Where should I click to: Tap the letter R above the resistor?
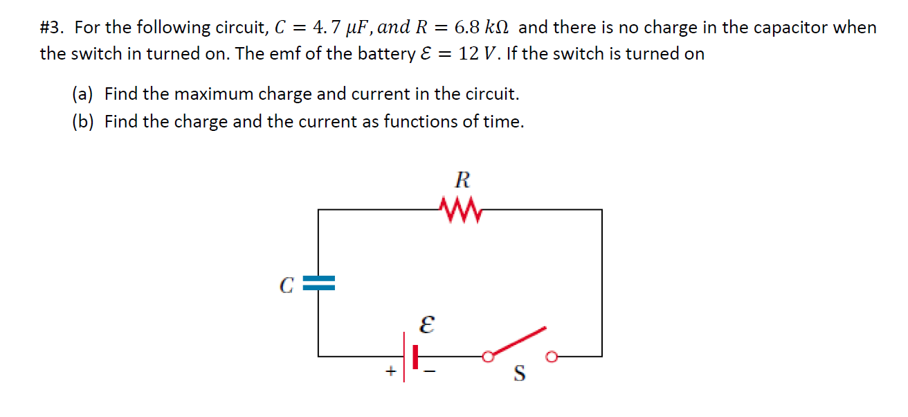point(462,181)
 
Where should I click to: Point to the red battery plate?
point(415,356)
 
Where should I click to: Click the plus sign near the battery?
point(390,372)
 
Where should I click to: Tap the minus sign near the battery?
point(431,373)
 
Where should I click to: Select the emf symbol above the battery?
point(427,324)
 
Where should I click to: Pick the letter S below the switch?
point(519,375)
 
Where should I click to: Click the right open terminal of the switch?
point(551,357)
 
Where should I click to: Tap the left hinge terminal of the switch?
point(488,357)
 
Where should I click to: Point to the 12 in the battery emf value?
point(469,54)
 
